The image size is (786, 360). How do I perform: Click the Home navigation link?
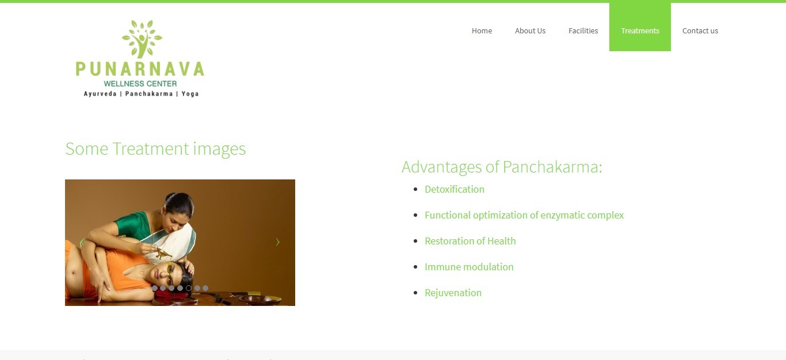482,31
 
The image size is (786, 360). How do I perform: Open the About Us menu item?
530,31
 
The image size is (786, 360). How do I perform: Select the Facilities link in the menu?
583,31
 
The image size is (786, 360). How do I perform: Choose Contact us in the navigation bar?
700,31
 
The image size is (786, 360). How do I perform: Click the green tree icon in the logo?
142,39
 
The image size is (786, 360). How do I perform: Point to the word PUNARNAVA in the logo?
140,68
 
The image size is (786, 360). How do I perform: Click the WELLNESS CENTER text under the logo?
140,84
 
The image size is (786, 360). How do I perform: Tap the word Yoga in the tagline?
190,94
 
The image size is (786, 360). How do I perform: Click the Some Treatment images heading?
155,148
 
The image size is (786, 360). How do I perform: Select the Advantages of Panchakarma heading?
502,167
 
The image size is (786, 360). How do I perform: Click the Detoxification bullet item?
455,189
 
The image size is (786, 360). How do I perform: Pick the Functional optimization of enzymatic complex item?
524,215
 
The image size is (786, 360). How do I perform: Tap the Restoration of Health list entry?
470,241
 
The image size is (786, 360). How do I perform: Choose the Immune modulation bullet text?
469,267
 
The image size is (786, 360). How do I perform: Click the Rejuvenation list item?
453,293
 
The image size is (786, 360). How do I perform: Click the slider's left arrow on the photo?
82,242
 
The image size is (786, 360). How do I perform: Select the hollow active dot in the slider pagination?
188,288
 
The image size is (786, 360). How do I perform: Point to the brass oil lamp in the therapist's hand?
163,253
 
